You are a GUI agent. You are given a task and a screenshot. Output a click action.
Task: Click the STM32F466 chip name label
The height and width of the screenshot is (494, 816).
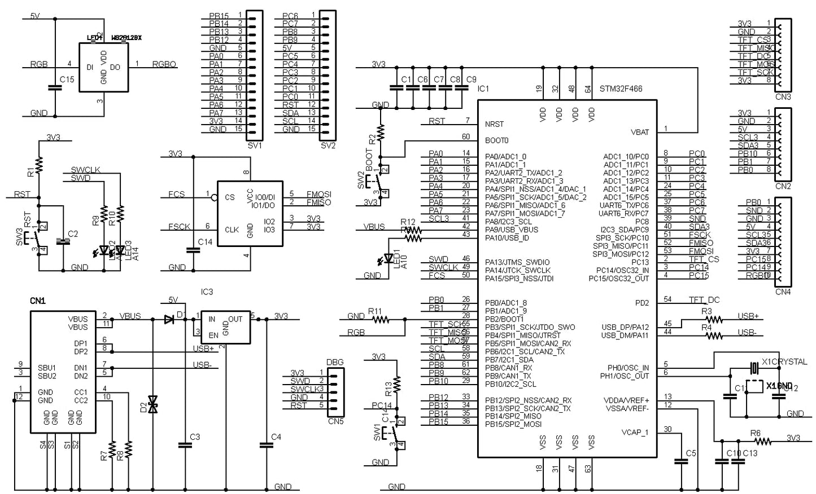click(x=621, y=89)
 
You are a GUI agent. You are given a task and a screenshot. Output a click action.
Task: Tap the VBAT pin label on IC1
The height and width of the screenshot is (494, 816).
click(x=639, y=132)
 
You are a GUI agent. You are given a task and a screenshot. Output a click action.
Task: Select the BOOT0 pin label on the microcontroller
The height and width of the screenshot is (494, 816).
click(x=497, y=140)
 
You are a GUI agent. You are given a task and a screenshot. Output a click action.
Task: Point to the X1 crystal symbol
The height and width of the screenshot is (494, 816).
click(x=753, y=368)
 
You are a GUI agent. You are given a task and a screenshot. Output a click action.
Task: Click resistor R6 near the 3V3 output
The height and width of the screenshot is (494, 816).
click(x=763, y=441)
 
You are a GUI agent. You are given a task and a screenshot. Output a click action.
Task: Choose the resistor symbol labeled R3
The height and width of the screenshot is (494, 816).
click(x=714, y=320)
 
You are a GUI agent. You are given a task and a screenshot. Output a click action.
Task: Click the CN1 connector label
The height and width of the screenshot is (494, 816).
click(x=38, y=301)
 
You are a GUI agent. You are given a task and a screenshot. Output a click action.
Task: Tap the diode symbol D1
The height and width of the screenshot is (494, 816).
click(x=169, y=320)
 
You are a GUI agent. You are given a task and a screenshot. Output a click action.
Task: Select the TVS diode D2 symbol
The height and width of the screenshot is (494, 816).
click(x=152, y=404)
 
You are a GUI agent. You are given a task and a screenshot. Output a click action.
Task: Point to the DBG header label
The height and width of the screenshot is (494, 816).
click(x=335, y=362)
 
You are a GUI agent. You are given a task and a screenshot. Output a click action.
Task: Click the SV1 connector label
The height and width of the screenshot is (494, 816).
click(x=255, y=145)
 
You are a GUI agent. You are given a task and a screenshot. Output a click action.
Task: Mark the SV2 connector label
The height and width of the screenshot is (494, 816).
click(x=328, y=145)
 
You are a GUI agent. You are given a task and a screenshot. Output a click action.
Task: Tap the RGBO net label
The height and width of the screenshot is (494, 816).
click(x=164, y=64)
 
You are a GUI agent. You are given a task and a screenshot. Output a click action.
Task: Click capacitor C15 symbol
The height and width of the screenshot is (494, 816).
click(x=55, y=87)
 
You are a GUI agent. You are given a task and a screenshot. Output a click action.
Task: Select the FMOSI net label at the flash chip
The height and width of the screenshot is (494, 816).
click(x=318, y=194)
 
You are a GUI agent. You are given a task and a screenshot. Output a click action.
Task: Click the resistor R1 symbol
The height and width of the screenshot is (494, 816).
click(x=38, y=165)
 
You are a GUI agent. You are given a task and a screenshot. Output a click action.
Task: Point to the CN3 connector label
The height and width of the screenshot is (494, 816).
click(x=783, y=97)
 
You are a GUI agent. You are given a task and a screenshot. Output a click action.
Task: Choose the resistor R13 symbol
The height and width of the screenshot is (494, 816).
click(x=398, y=384)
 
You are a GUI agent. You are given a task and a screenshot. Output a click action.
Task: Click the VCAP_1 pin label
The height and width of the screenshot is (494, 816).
click(x=635, y=433)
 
